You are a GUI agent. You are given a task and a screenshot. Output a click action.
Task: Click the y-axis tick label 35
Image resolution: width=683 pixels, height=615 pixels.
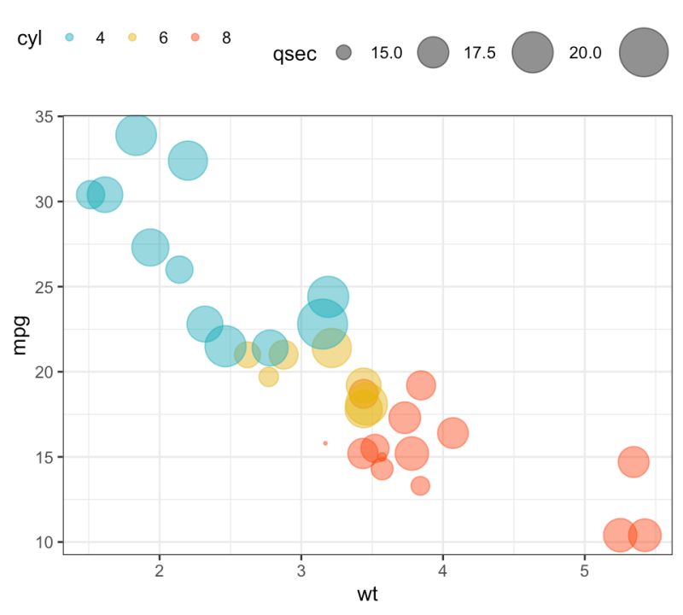point(43,116)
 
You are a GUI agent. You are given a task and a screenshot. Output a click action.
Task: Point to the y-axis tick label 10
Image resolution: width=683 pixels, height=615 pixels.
point(43,542)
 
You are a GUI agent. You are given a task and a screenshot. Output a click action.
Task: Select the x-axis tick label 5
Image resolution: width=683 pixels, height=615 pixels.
point(584,571)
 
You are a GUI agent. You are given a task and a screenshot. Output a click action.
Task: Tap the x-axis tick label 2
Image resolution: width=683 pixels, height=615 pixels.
point(160,571)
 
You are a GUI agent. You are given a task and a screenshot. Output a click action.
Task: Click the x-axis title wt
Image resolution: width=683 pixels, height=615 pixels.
point(368,594)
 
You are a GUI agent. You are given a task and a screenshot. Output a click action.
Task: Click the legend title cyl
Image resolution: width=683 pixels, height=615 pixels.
point(30,38)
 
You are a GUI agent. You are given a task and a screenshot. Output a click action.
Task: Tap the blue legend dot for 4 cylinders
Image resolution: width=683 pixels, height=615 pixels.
point(70,38)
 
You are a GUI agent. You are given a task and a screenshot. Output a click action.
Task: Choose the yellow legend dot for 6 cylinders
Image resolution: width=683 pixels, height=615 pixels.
point(132,38)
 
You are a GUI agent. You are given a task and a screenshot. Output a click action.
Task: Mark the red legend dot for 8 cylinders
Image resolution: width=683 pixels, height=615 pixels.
point(196,38)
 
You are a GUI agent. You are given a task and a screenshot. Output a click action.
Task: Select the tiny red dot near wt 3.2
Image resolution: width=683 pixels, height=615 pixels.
point(325,443)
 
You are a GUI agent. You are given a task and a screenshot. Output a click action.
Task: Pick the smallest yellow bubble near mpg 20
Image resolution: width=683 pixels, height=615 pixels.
point(269,377)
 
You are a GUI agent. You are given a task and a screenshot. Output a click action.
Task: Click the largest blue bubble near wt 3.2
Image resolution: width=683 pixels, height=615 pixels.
point(322,324)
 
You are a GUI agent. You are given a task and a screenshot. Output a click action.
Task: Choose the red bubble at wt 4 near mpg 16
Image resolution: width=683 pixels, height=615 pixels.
point(453,434)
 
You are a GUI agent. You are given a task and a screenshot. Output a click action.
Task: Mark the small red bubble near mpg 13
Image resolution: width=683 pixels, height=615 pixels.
point(420,486)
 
